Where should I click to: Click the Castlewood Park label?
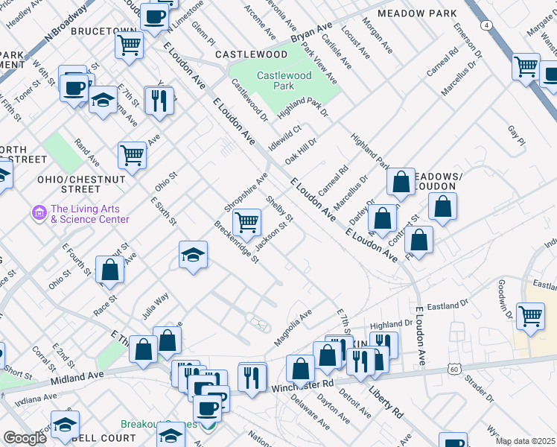click(x=284, y=80)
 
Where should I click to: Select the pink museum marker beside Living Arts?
click(x=39, y=214)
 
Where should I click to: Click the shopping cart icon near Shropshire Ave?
click(x=246, y=222)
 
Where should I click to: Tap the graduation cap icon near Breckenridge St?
click(x=193, y=256)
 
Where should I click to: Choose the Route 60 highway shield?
click(x=454, y=369)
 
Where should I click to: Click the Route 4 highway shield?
click(x=487, y=25)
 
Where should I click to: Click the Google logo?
click(x=25, y=438)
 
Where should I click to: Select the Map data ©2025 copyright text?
click(x=525, y=441)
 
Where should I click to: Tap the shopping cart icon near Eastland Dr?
click(x=530, y=316)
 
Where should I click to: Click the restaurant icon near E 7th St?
click(x=158, y=100)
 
